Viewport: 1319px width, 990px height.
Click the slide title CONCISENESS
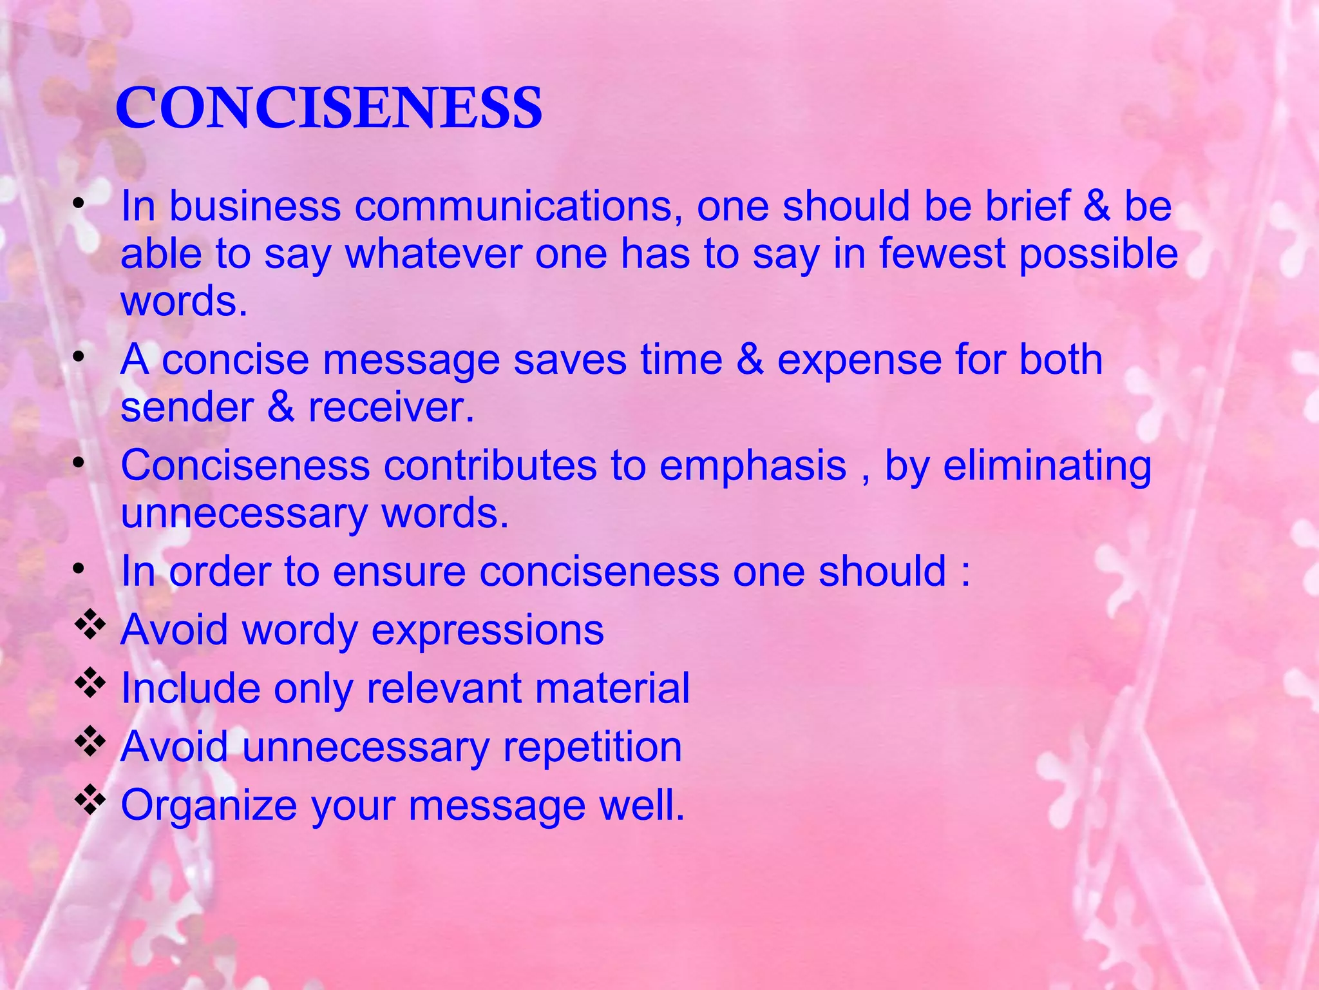[x=328, y=108]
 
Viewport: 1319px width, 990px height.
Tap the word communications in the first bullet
[x=518, y=206]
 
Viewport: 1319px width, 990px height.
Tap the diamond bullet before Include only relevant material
[x=90, y=684]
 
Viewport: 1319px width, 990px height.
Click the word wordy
[x=299, y=630]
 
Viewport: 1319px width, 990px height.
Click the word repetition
[x=592, y=747]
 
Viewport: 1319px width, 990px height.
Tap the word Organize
[x=209, y=806]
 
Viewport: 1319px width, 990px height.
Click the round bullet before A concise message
[x=79, y=356]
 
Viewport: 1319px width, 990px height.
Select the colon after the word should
[x=965, y=573]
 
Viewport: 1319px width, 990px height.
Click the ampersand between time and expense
[x=750, y=359]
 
